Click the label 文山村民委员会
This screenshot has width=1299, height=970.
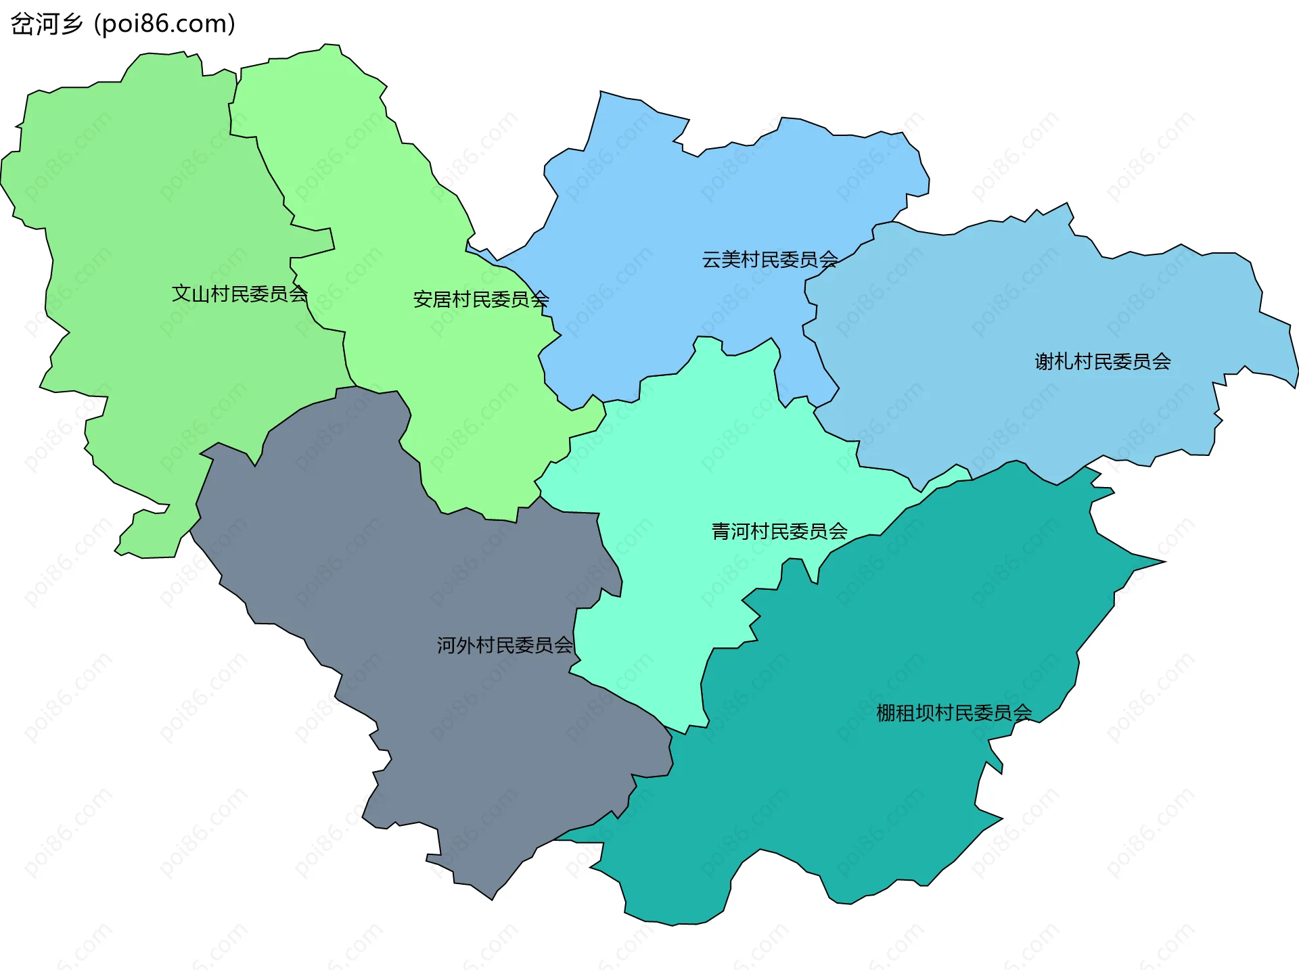(240, 294)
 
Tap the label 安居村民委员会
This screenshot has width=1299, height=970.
(480, 299)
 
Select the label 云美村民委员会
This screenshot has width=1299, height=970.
(769, 259)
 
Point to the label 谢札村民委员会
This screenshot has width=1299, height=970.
(1102, 361)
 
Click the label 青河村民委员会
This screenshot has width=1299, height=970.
(779, 531)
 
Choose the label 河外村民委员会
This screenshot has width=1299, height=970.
(504, 645)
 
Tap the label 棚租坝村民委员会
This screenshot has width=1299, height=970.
(953, 712)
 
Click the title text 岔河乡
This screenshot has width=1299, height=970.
(46, 24)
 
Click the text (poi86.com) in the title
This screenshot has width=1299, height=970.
(164, 24)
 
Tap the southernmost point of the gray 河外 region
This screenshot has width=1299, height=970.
(492, 898)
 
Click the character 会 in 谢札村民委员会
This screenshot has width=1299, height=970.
(1161, 361)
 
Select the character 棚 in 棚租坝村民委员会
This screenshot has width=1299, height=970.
(886, 712)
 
